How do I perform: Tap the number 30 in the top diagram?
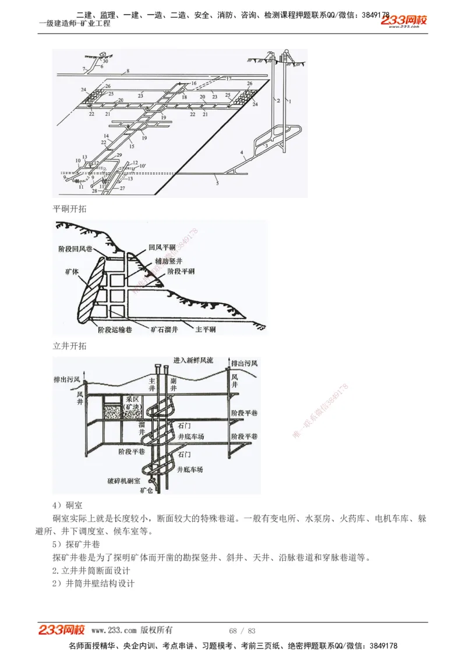point(105,61)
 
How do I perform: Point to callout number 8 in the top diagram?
point(127,71)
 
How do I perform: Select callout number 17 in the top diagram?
point(228,78)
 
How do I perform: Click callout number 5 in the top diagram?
point(217,183)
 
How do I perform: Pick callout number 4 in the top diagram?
point(240,152)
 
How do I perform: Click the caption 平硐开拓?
point(69,208)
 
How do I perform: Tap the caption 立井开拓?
point(69,346)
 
